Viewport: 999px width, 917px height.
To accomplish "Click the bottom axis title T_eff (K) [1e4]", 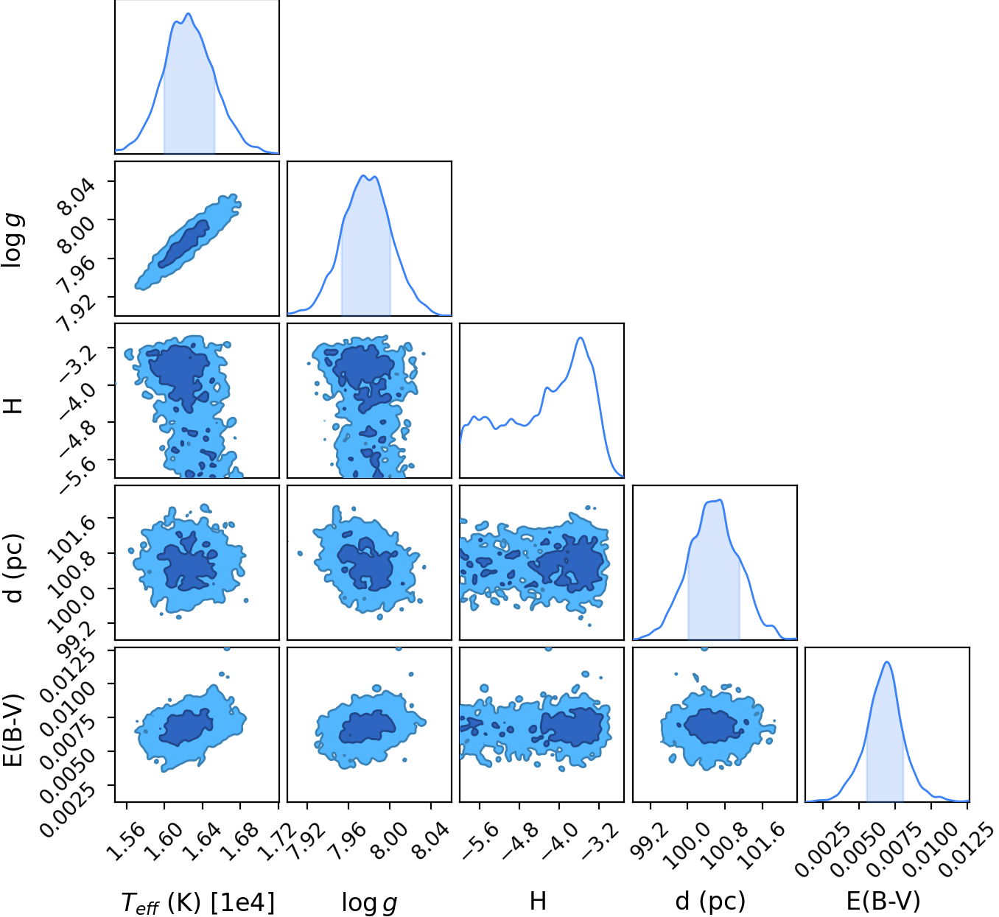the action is tap(197, 902).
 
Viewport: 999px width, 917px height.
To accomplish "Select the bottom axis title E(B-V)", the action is tap(883, 901).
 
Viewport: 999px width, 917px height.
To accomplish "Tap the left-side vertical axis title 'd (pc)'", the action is tap(14, 568).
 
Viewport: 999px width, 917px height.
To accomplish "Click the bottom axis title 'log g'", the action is tap(369, 902).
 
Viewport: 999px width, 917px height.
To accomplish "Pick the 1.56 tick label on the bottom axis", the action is tap(127, 841).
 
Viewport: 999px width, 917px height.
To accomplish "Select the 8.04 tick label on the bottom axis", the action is tap(431, 841).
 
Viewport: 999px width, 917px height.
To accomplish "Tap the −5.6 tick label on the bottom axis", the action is tap(480, 841).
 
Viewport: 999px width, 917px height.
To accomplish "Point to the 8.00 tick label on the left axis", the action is tap(76, 234).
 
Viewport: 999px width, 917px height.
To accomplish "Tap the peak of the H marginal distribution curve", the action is tap(581, 338).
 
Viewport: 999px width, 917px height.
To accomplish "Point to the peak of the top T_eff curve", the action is tap(189, 13).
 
